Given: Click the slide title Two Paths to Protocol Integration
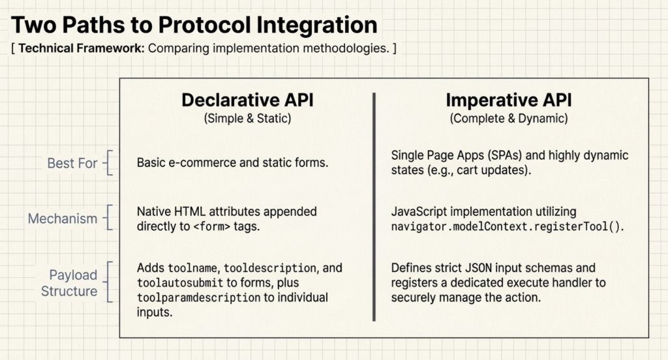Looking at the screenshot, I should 194,25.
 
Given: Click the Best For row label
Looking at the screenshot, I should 72,162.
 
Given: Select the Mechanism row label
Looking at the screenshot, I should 63,218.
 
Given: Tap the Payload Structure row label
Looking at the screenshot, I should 69,283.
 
